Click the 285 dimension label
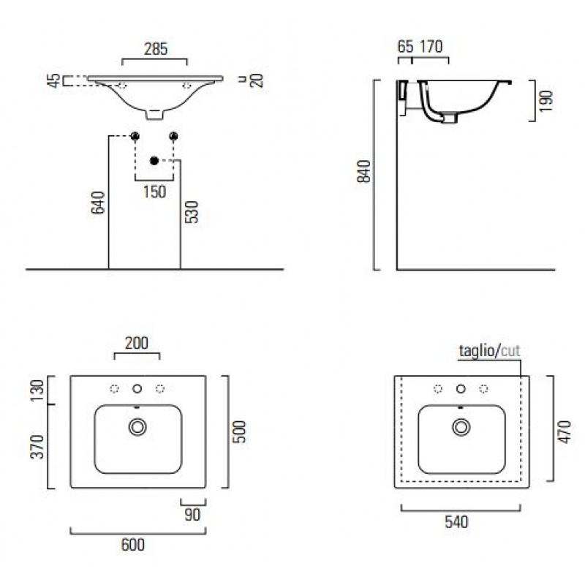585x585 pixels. (156, 49)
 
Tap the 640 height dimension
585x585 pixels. (98, 203)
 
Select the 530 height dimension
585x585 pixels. (192, 212)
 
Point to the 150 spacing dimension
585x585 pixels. (154, 192)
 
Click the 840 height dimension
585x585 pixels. (363, 171)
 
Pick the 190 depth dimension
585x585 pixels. (546, 101)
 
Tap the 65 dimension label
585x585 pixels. (406, 47)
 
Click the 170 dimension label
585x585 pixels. (431, 47)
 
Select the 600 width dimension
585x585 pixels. (133, 545)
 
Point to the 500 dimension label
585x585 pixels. (240, 431)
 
